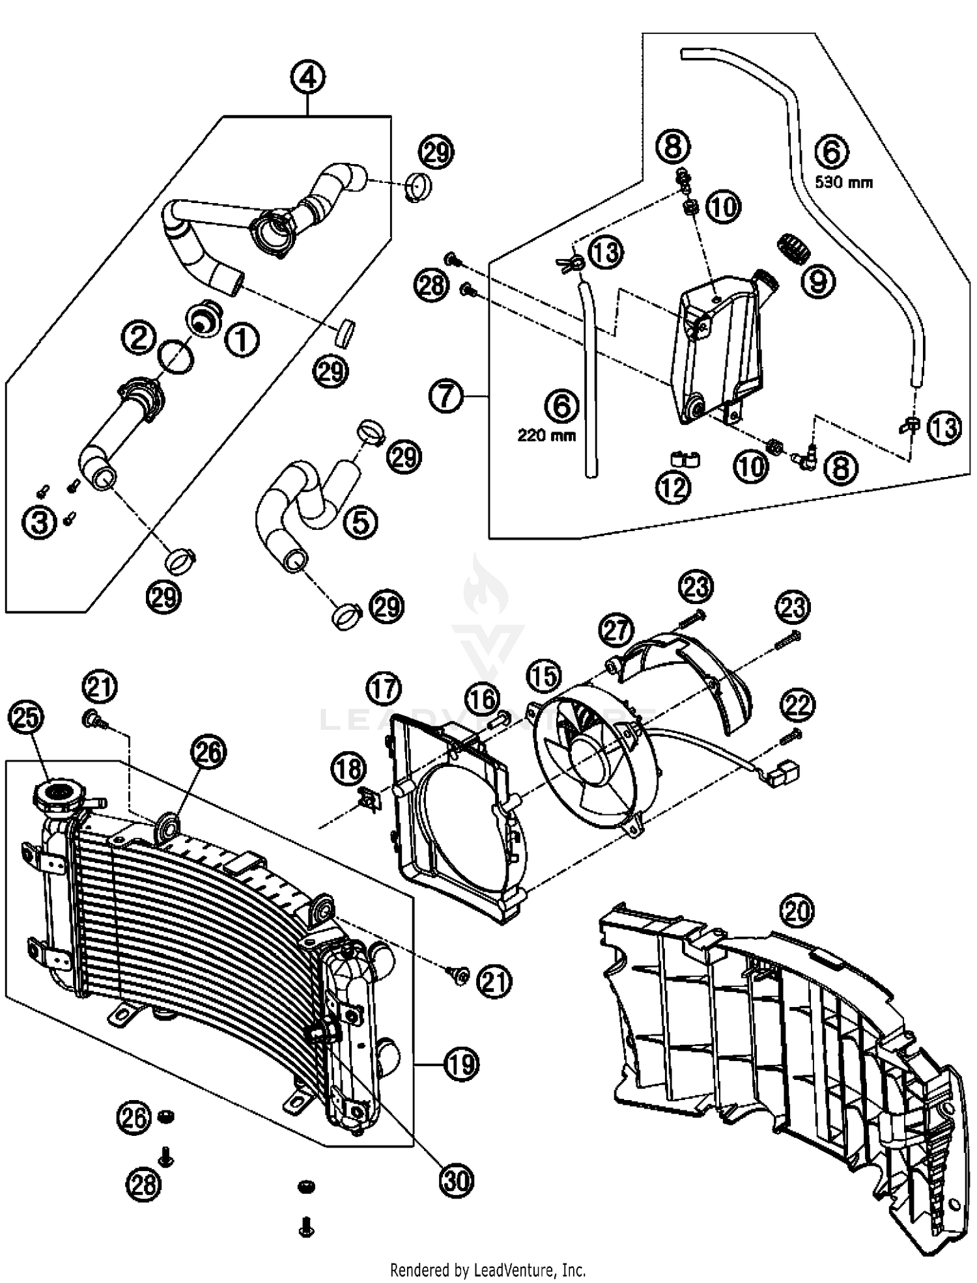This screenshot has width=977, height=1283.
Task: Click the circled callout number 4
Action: tap(308, 77)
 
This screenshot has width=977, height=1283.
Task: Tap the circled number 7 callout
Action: tap(446, 396)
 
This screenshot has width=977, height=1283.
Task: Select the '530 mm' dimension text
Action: tap(843, 183)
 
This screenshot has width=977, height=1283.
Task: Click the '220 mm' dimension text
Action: tap(546, 435)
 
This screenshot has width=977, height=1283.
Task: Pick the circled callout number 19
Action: tap(461, 1065)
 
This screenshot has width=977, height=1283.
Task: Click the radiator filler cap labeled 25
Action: tap(59, 792)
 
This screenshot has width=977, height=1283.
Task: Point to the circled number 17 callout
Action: tap(384, 689)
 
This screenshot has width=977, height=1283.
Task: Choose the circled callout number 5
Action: tap(361, 521)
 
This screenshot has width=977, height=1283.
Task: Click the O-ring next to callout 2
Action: tap(177, 358)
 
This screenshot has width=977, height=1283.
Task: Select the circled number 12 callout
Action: tap(673, 487)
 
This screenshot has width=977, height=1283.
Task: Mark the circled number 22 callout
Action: tap(799, 705)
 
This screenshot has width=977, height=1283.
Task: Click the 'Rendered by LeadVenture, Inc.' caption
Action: tap(488, 1270)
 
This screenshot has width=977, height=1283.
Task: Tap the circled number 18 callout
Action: tap(348, 769)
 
